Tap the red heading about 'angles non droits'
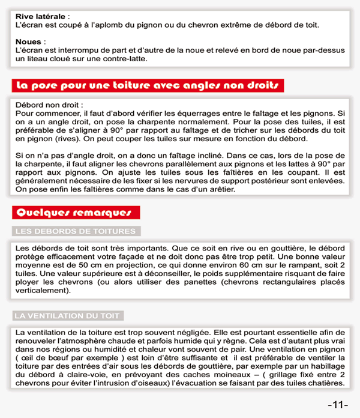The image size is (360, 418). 148,85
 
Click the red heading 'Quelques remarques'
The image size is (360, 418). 76,212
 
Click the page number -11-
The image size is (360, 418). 338,404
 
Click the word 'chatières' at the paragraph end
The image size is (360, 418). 326,383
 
